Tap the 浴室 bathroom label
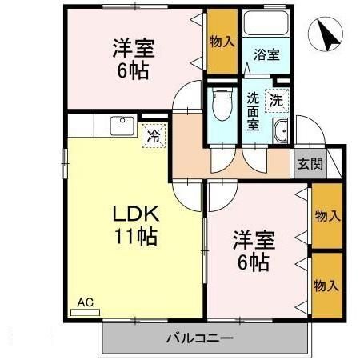266,55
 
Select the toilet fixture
222,104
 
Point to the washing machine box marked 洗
275,101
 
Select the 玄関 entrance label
310,164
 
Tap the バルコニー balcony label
199,338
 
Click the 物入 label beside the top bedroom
222,41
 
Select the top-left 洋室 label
133,46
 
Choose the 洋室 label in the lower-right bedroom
254,238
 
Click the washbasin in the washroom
281,133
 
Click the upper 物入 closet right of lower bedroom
326,215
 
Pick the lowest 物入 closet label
326,285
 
